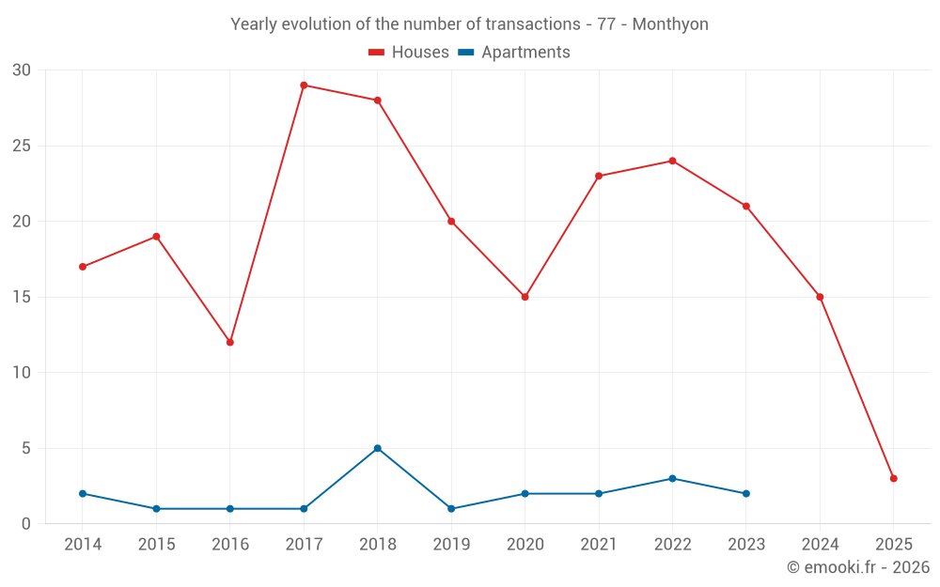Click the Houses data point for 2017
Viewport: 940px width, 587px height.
(x=304, y=85)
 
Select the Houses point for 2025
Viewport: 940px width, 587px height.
(x=894, y=478)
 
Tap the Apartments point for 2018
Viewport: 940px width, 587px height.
(x=378, y=448)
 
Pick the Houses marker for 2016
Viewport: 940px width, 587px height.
(x=230, y=342)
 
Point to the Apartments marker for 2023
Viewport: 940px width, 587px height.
(x=746, y=493)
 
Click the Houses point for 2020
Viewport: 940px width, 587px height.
(x=525, y=297)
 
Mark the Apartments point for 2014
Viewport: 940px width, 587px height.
(x=83, y=493)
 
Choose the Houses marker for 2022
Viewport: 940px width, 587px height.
(x=672, y=161)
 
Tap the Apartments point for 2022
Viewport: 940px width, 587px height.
(x=672, y=478)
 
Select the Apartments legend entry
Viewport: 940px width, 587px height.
(x=525, y=53)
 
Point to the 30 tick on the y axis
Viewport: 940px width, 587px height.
(x=22, y=70)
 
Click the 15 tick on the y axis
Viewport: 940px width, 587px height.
(x=22, y=297)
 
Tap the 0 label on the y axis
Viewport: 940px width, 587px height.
(x=26, y=524)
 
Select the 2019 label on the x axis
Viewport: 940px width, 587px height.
(x=451, y=545)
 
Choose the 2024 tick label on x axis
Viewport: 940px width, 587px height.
(x=820, y=545)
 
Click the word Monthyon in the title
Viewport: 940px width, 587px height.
(x=670, y=24)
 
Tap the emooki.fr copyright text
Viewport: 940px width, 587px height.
(x=858, y=567)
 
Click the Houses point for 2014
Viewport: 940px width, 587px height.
(x=83, y=267)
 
